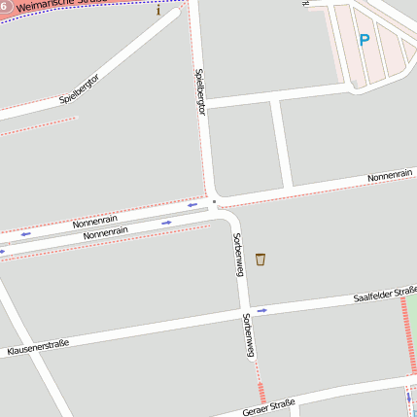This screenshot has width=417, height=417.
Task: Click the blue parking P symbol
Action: point(365,41)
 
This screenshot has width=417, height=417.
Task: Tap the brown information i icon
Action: point(158,11)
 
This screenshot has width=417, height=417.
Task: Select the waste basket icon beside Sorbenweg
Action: point(261,260)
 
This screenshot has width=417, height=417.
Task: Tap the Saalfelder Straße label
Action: point(386,293)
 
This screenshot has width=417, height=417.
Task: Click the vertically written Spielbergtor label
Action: point(201,91)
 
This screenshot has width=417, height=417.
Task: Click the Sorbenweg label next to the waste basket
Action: point(237,254)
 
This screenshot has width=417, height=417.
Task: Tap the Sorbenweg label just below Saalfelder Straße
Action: point(249,334)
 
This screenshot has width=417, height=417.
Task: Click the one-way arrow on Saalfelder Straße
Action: point(261,311)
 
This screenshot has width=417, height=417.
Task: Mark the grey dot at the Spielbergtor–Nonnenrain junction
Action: point(214,203)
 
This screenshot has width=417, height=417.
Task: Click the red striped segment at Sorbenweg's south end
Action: point(261,393)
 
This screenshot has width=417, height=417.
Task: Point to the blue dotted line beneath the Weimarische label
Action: point(78,12)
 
